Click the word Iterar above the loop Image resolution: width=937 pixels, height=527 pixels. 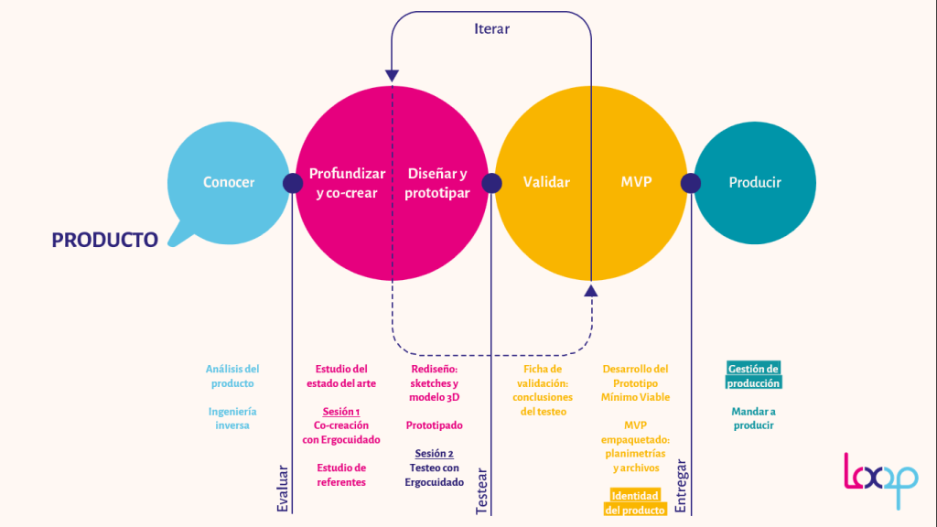point(491,28)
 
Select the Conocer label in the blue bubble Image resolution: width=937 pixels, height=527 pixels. point(229,182)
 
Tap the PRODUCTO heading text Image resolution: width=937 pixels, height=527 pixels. point(104,240)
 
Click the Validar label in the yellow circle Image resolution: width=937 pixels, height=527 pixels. point(546,182)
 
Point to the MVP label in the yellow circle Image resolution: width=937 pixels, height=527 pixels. point(636,182)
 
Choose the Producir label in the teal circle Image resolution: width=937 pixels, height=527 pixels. point(755,182)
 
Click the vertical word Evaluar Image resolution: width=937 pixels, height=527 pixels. point(283,489)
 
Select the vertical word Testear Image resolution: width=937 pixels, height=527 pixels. point(482,492)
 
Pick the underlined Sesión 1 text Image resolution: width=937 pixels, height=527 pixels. point(341,411)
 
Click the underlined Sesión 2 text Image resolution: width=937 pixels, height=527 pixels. point(434,453)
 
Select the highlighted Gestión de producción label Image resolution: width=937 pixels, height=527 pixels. point(754,376)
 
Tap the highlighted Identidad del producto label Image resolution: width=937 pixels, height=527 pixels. point(635,502)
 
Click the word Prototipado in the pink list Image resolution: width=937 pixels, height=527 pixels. point(434,425)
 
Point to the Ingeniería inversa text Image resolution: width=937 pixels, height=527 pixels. point(232,418)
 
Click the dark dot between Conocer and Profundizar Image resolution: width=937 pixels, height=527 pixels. point(293,183)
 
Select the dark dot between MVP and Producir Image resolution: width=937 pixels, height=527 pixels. point(691,183)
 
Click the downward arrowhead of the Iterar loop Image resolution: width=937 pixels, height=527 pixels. point(392,76)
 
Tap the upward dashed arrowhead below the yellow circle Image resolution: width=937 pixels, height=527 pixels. point(590,290)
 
